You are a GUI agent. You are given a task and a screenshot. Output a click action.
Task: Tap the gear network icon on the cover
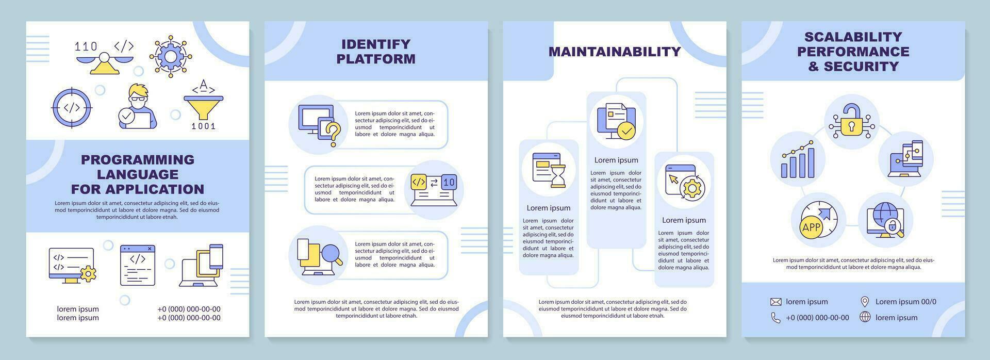170,56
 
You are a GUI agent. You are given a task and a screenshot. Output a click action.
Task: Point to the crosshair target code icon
72,108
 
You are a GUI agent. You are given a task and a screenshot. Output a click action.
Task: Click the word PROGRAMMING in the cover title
138,159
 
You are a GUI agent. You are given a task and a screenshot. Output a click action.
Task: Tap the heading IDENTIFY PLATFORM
376,51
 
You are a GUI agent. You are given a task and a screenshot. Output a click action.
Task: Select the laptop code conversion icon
434,189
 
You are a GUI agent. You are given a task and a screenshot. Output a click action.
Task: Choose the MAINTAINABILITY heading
615,52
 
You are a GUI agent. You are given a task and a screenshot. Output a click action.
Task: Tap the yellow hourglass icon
558,176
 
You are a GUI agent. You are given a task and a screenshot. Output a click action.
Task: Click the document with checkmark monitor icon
616,121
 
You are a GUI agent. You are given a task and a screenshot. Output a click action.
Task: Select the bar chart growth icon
797,159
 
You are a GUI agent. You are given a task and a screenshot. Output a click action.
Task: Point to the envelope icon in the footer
775,302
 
